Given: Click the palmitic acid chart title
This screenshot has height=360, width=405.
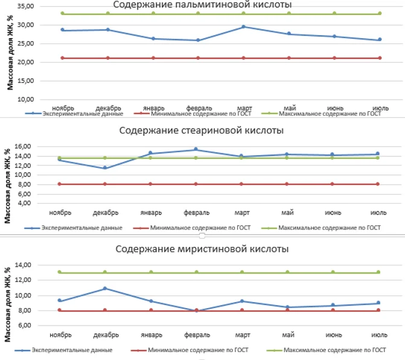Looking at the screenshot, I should click(x=203, y=5).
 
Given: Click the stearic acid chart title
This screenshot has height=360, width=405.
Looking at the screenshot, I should click(x=202, y=130).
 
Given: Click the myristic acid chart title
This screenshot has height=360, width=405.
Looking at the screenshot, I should click(x=202, y=248).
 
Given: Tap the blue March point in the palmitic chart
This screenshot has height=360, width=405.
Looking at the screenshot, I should click(x=243, y=27).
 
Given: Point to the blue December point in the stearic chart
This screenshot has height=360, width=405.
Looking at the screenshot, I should click(x=105, y=168).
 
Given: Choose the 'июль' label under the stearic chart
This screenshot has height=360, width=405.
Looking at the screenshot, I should click(x=378, y=212).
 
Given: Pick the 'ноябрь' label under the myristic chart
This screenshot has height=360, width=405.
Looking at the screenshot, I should click(x=62, y=335).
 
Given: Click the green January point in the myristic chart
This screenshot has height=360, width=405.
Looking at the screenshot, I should click(x=152, y=272).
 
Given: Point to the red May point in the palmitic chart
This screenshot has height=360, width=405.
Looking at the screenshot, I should click(x=289, y=58).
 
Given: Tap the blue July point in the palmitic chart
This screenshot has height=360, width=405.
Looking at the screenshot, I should click(x=378, y=40).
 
